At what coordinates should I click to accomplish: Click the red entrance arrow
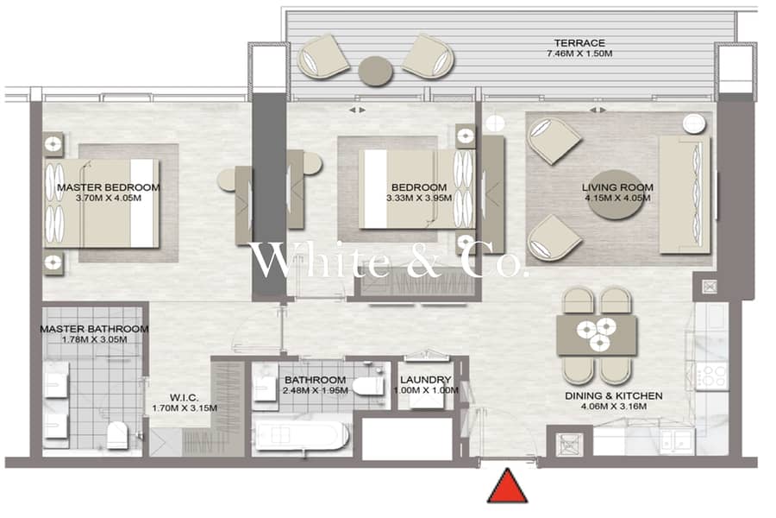click(x=508, y=487)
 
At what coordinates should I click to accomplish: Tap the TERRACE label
click(x=579, y=43)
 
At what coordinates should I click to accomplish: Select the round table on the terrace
click(x=376, y=71)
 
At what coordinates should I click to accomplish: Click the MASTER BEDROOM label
click(x=109, y=187)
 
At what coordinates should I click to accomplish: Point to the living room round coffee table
click(x=616, y=201)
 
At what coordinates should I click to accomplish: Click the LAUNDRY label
click(x=426, y=380)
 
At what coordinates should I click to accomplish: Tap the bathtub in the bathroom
click(x=302, y=436)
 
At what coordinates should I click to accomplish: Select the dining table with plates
click(x=597, y=335)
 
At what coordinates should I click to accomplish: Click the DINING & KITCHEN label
click(x=614, y=396)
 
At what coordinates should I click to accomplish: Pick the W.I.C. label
click(x=185, y=397)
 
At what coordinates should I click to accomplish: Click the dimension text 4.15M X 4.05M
click(x=617, y=199)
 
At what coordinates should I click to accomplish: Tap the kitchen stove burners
click(x=711, y=376)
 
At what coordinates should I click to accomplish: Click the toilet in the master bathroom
click(x=117, y=435)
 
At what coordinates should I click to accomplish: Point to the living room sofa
click(x=685, y=195)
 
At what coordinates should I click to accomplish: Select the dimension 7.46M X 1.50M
click(x=579, y=54)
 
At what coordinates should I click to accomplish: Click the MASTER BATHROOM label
click(x=94, y=329)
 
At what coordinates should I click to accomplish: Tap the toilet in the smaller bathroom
click(x=366, y=386)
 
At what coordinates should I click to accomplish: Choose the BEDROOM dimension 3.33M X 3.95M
click(x=419, y=199)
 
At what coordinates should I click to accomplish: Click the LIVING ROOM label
click(x=617, y=187)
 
